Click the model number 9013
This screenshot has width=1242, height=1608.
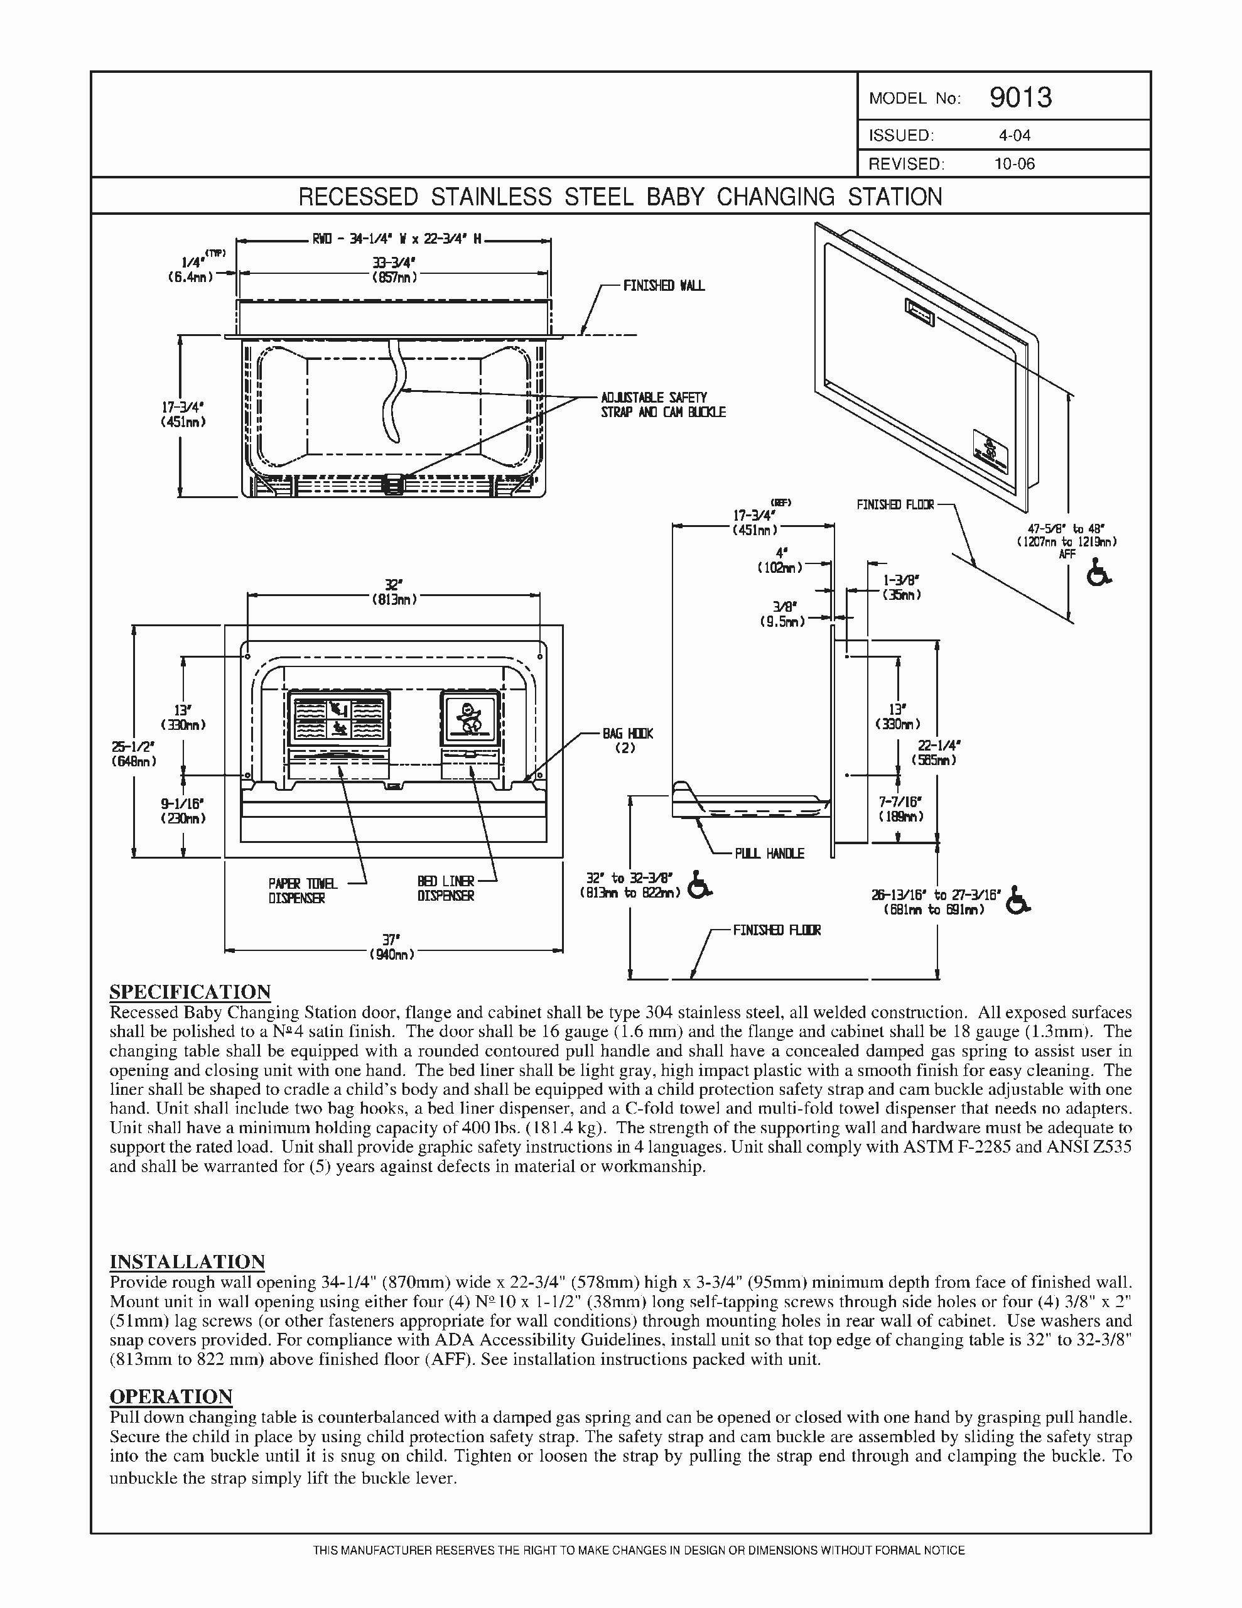[x=1020, y=97]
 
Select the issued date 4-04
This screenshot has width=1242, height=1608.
[x=1014, y=136]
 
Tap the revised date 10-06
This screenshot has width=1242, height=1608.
[x=1014, y=164]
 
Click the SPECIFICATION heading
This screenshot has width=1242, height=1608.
[x=190, y=992]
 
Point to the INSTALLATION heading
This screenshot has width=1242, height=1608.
[x=187, y=1261]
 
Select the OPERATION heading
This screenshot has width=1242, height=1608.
[x=171, y=1396]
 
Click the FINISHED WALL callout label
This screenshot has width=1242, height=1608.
[x=663, y=286]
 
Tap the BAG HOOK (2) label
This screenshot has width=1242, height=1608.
[x=627, y=740]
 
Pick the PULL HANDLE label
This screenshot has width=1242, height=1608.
[x=769, y=854]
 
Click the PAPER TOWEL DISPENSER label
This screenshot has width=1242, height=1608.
[x=302, y=890]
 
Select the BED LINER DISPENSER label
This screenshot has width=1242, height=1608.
[x=445, y=888]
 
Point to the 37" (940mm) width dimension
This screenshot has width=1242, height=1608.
[x=392, y=946]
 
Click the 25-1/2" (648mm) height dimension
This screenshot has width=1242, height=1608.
[x=133, y=754]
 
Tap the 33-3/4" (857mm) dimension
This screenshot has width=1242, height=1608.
[x=394, y=269]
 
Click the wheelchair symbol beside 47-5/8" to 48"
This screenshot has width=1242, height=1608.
[x=1099, y=573]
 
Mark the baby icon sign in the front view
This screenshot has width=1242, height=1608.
[x=468, y=718]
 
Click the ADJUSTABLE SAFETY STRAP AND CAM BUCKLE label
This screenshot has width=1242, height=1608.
[x=662, y=405]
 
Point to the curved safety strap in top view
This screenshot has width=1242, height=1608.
[x=396, y=390]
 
